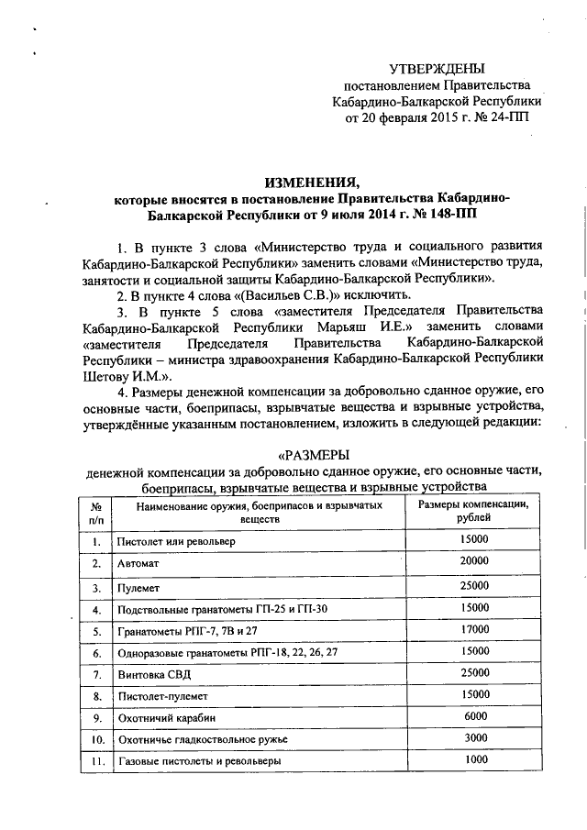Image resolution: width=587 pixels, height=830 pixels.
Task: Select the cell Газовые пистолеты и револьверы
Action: coord(199,761)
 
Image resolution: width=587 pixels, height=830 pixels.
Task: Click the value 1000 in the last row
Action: coord(475,759)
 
